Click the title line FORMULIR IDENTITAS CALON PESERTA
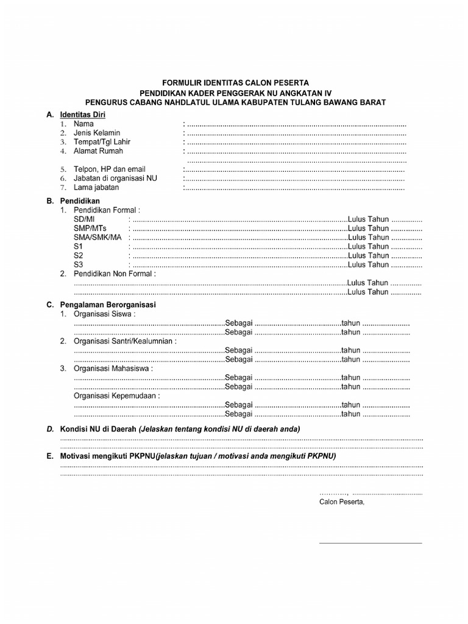pos(235,82)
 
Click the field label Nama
pos(83,124)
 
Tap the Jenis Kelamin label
pos(97,133)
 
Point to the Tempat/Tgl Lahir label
pos(102,142)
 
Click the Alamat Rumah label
pos(98,151)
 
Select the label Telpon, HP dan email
pos(110,169)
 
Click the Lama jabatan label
pos(96,188)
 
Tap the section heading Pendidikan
pos(80,200)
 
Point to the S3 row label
pos(78,264)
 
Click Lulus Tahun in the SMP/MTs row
pos(368,228)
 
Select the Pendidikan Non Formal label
pos(115,274)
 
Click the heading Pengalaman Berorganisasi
pos(108,304)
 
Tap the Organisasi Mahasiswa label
pos(113,369)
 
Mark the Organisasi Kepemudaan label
pos(116,395)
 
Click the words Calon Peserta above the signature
pos(341,502)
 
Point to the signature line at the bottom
pos(370,542)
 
